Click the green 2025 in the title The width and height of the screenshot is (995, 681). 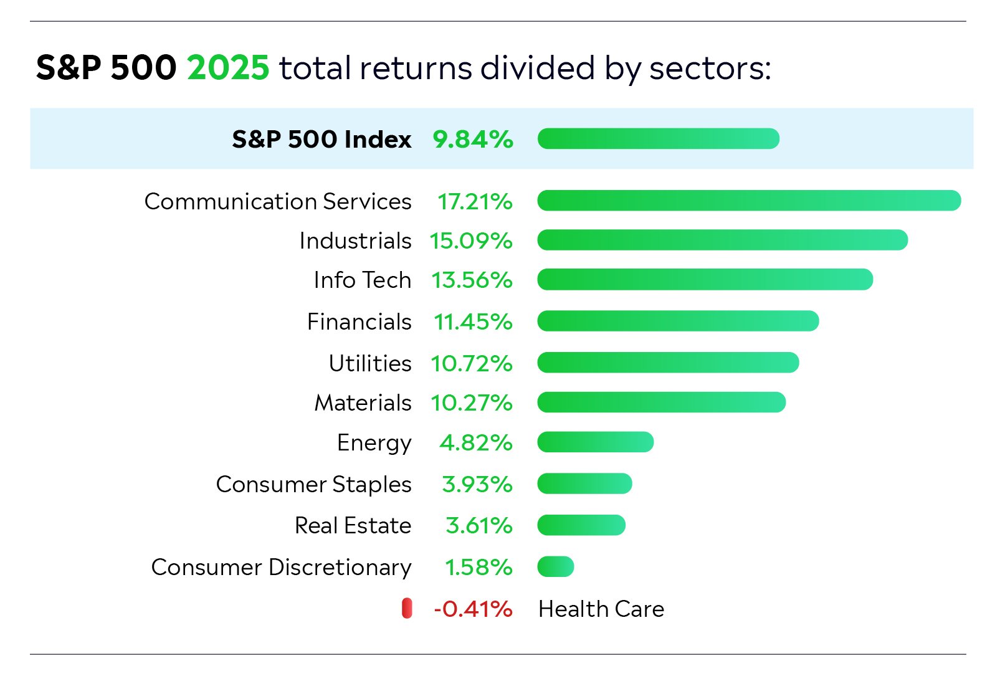click(228, 67)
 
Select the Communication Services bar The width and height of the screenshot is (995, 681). click(749, 201)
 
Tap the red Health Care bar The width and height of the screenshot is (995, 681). click(407, 608)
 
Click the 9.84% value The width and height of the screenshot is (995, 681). click(473, 139)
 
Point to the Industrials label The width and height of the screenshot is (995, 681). click(355, 240)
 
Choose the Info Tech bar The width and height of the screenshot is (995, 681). click(705, 279)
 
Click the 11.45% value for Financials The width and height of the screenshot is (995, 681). click(473, 321)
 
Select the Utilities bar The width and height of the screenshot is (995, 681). click(668, 363)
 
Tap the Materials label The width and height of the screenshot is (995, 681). click(363, 403)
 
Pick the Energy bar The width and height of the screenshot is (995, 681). click(595, 442)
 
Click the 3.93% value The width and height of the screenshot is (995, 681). click(477, 484)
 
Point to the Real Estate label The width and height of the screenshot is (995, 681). click(353, 525)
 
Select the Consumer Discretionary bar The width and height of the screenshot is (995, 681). click(556, 567)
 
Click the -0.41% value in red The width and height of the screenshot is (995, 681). click(473, 609)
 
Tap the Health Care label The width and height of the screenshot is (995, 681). click(601, 609)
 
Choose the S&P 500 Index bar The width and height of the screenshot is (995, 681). click(659, 138)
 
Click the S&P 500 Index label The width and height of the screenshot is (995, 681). click(321, 139)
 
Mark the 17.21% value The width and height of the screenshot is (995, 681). click(475, 202)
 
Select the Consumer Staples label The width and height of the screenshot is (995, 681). click(313, 484)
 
